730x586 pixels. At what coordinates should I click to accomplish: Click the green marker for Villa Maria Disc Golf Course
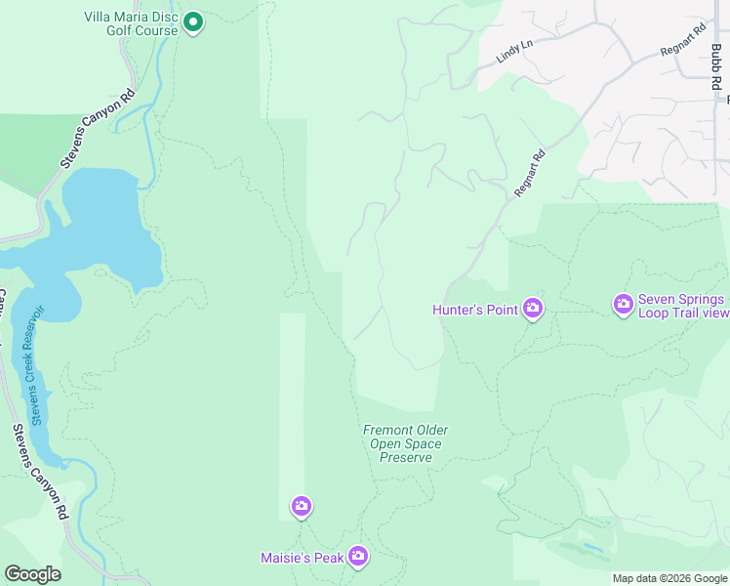pyautogui.click(x=193, y=21)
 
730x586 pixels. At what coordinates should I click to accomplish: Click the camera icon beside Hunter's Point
pyautogui.click(x=533, y=310)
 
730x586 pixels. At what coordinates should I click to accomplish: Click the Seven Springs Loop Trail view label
pyautogui.click(x=683, y=306)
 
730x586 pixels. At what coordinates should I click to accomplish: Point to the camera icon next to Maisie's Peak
pyautogui.click(x=358, y=557)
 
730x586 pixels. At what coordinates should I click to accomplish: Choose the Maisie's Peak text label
pyautogui.click(x=302, y=558)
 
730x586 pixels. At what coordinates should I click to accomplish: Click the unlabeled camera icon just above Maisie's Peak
pyautogui.click(x=302, y=506)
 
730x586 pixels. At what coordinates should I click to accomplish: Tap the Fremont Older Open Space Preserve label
pyautogui.click(x=405, y=443)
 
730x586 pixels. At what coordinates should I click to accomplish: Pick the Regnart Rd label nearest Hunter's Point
pyautogui.click(x=529, y=174)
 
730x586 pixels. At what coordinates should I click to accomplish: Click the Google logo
pyautogui.click(x=32, y=573)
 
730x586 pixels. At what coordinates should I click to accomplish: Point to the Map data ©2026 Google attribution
pyautogui.click(x=669, y=578)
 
